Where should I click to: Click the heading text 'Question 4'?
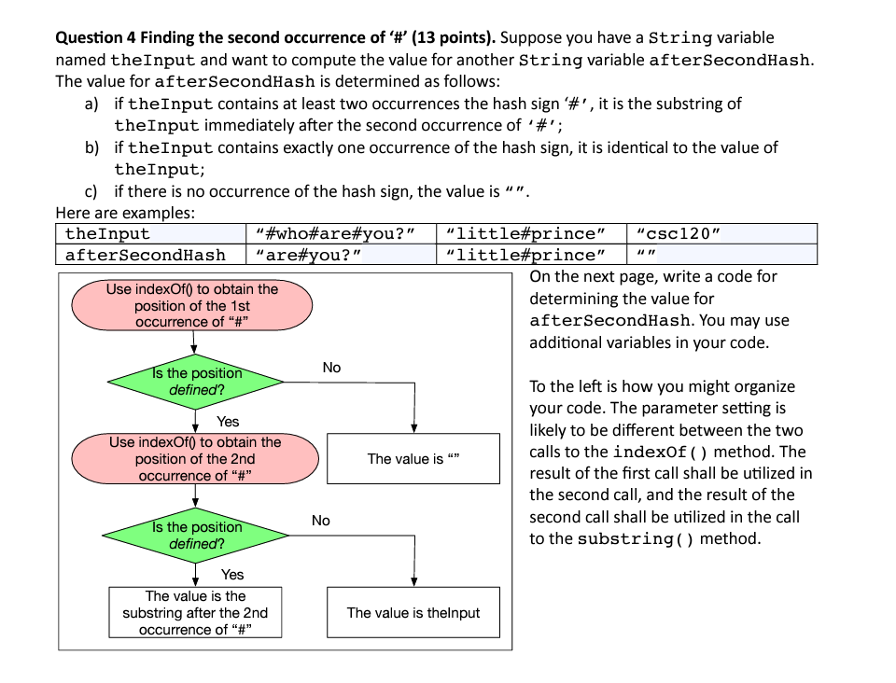(x=92, y=38)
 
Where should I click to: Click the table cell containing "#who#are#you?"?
(x=340, y=233)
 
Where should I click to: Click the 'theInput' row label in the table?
(x=107, y=233)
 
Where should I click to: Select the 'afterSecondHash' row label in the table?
(x=146, y=255)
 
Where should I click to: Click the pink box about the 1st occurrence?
(x=192, y=305)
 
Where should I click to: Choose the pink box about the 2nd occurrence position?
(x=194, y=458)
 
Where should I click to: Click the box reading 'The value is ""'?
(x=413, y=458)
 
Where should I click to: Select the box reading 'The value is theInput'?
(x=413, y=613)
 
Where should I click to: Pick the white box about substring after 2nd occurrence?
(x=194, y=613)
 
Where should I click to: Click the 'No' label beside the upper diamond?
(x=331, y=368)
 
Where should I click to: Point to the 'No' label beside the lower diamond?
(x=321, y=521)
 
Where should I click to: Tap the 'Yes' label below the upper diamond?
(x=228, y=422)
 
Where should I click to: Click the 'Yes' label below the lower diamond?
(x=232, y=575)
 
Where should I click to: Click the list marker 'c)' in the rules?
(x=92, y=191)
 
